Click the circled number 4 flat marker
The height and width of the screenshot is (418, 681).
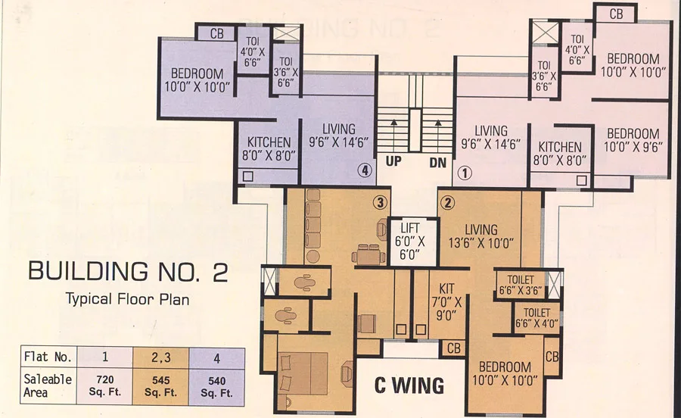365,170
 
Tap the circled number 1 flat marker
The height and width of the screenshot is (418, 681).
465,174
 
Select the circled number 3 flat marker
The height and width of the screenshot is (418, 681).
380,202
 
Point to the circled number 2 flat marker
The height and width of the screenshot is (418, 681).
448,202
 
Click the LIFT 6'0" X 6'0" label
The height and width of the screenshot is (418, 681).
409,241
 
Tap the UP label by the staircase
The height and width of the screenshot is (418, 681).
393,161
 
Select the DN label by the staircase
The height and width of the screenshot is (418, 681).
438,163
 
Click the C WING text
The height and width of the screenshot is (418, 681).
409,385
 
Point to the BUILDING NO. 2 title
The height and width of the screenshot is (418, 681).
128,272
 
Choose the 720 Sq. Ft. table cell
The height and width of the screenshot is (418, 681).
104,386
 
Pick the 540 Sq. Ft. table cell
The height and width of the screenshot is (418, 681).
216,387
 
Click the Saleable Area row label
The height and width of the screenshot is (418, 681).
48,386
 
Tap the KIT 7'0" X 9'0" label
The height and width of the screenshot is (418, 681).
446,302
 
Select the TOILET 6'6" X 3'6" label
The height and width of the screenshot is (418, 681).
521,285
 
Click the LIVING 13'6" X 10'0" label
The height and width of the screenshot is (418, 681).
481,236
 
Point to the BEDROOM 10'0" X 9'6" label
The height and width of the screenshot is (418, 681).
633,140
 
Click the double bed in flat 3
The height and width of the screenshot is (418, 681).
303,373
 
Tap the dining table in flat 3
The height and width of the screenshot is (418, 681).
368,254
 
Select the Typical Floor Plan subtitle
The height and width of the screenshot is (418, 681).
127,299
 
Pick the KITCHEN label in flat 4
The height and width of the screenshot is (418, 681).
269,142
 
